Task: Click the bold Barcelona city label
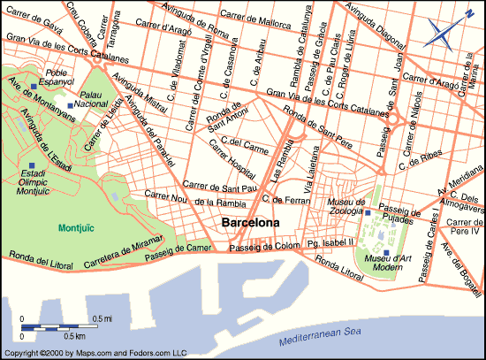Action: point(250,223)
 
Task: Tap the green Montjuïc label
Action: point(75,227)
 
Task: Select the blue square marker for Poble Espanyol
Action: point(34,86)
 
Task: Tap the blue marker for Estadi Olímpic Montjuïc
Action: point(32,166)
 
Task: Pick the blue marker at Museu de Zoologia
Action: point(368,213)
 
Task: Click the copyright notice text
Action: point(94,353)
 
